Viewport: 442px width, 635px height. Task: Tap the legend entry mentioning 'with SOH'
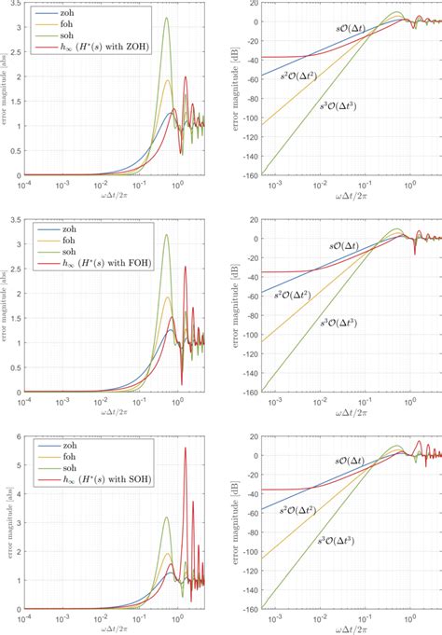[x=93, y=478]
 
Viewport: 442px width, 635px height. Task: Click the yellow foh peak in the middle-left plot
[x=169, y=297]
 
